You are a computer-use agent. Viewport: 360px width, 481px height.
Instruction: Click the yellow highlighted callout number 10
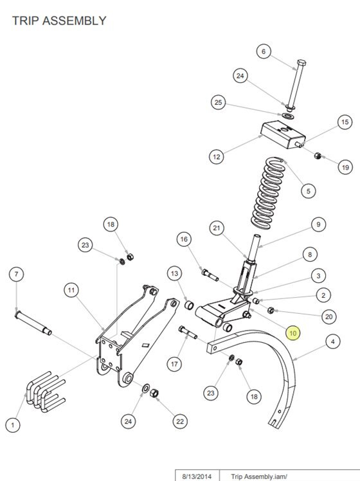[x=293, y=333]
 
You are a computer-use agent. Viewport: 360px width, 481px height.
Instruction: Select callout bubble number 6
[x=264, y=51]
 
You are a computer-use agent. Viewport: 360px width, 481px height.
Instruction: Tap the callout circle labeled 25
[x=219, y=102]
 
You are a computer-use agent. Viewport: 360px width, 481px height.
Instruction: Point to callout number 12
[x=217, y=157]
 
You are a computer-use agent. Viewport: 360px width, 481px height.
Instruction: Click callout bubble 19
[x=345, y=167]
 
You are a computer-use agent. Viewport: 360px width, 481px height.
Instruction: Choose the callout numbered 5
[x=309, y=191]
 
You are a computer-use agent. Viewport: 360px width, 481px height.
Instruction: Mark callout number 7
[x=17, y=274]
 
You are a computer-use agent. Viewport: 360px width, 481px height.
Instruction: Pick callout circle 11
[x=71, y=290]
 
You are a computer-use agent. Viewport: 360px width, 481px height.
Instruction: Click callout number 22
[x=180, y=421]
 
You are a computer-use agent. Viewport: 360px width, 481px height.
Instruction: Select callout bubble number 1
[x=13, y=425]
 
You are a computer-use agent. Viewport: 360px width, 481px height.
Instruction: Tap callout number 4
[x=333, y=341]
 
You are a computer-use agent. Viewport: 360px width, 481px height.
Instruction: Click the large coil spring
[x=267, y=194]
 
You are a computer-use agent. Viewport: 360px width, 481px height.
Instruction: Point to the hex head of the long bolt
[x=301, y=63]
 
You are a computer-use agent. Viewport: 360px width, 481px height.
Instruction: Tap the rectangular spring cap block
[x=283, y=134]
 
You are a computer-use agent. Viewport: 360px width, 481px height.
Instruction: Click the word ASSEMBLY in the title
[x=74, y=21]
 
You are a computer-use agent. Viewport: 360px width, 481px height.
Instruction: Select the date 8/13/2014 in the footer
[x=197, y=476]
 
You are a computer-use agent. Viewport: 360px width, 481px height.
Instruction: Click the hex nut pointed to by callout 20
[x=271, y=310]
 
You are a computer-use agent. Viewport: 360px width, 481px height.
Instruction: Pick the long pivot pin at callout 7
[x=33, y=323]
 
